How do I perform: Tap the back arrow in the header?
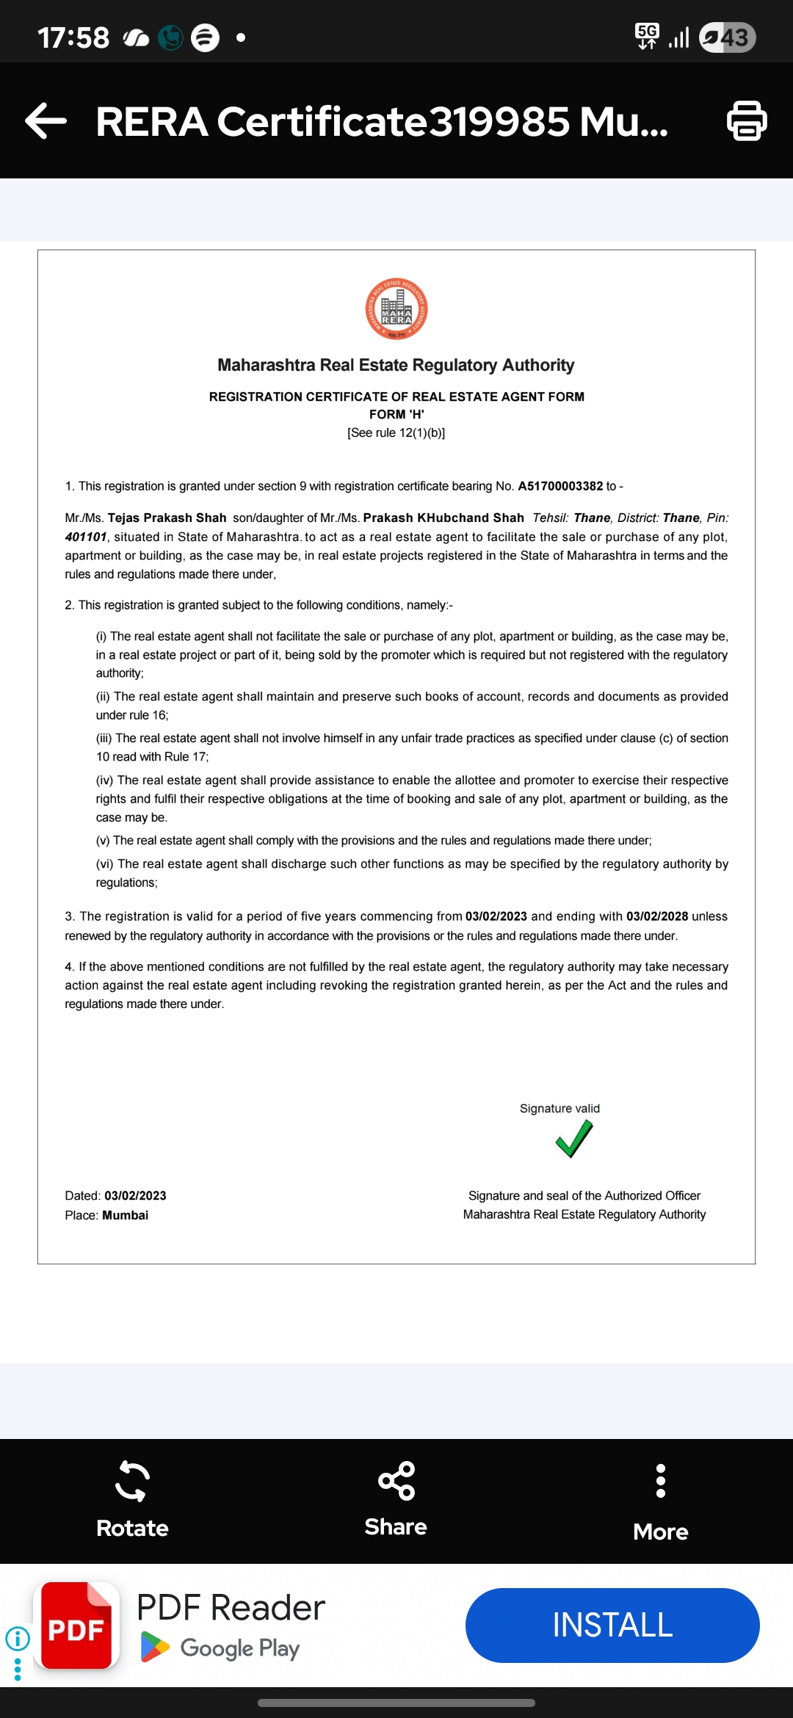(46, 121)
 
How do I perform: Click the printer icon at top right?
(747, 121)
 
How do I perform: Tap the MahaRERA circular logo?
(396, 309)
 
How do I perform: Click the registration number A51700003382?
(560, 486)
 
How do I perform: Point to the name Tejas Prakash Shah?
(167, 518)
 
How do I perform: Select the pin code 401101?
(86, 537)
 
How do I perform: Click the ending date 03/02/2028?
(656, 916)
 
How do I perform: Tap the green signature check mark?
(574, 1139)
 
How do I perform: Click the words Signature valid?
(560, 1109)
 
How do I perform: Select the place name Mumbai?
(126, 1215)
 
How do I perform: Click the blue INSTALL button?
(612, 1625)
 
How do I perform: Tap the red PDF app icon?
(76, 1625)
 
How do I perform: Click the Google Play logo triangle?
(154, 1648)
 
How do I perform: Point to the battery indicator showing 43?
(727, 37)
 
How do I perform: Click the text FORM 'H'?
(396, 414)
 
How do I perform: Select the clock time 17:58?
(73, 37)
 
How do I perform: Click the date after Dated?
(135, 1196)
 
